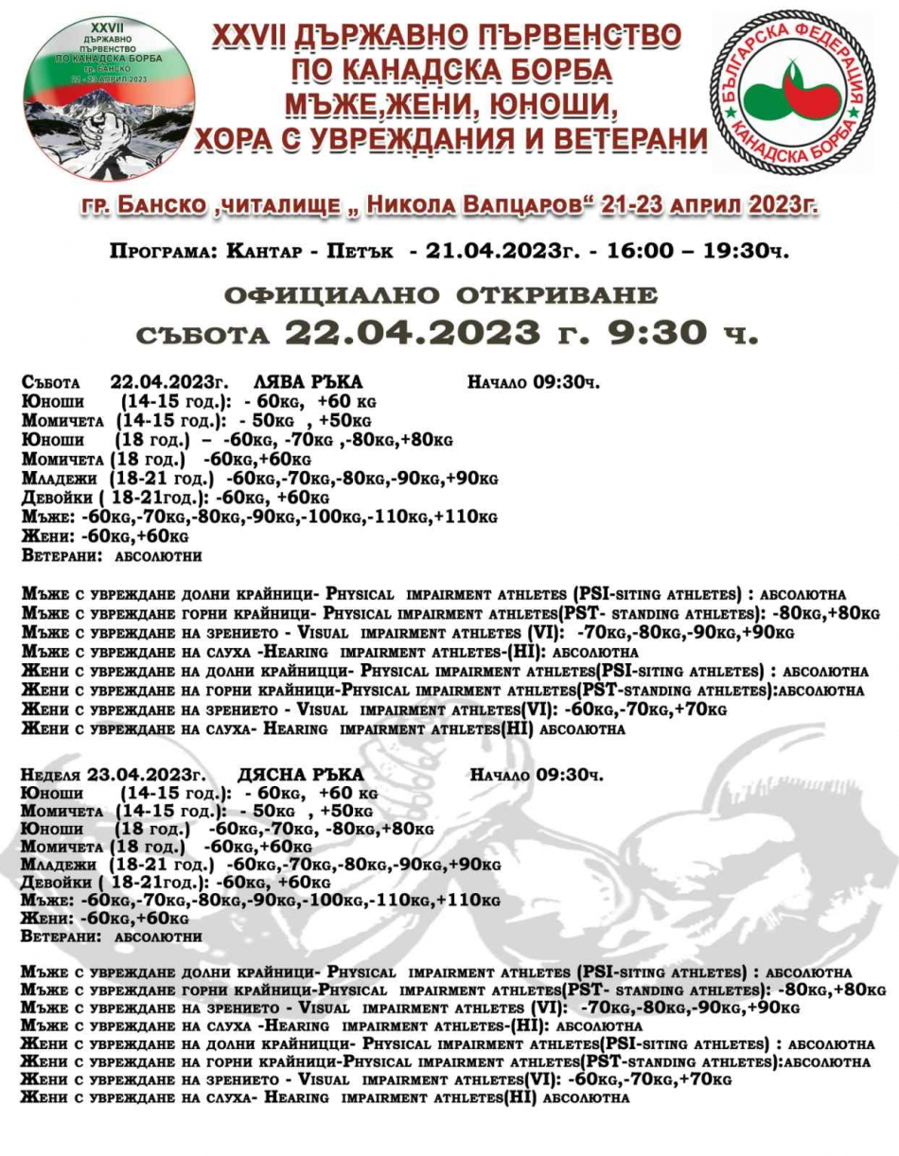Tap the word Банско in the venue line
[165, 204]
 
